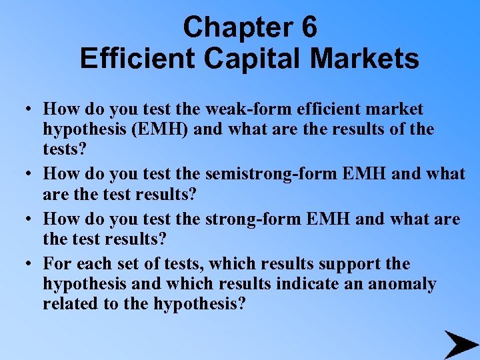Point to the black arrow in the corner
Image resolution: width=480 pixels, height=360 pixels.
461,344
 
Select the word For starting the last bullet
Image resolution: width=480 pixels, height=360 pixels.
56,264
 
